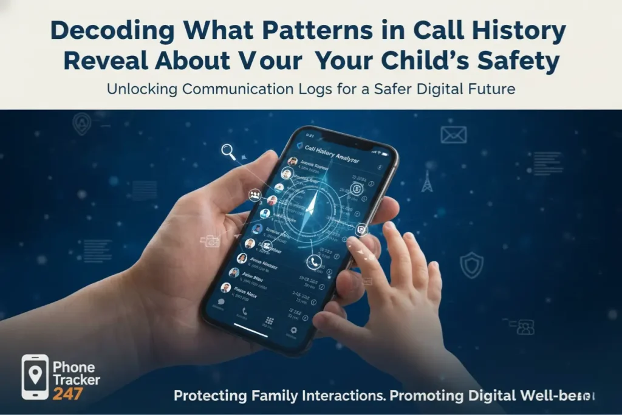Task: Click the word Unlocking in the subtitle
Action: pos(143,89)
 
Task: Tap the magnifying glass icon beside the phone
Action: pos(229,151)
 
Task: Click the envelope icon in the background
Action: pos(453,134)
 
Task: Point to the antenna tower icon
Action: pos(427,180)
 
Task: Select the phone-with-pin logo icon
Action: pos(35,377)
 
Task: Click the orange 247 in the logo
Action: pos(67,393)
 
